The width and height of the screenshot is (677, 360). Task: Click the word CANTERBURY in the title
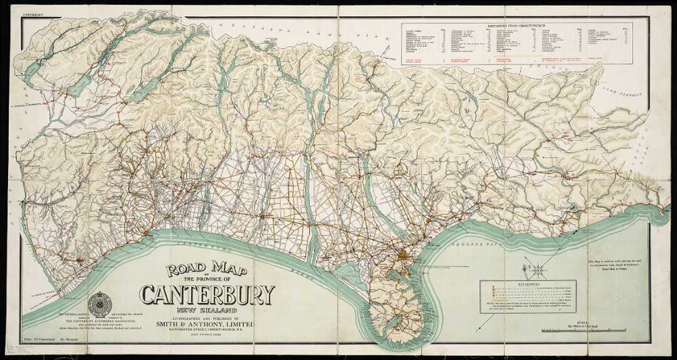point(207,294)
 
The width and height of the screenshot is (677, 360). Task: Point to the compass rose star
point(540,269)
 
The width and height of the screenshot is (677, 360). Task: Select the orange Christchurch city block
point(403,256)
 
